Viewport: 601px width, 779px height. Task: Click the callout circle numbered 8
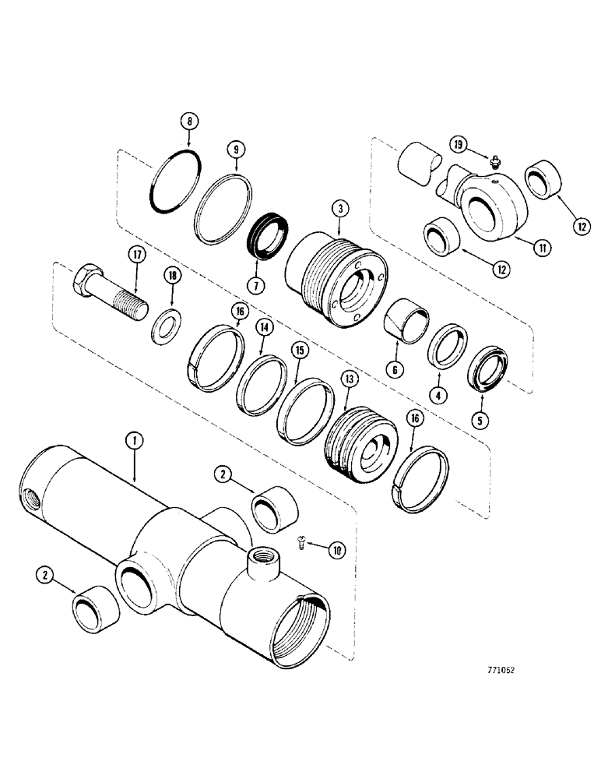187,122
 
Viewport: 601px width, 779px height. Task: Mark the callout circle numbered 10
336,551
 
